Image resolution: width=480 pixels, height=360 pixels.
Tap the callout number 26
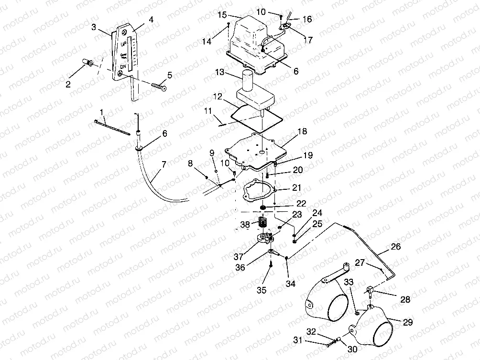pyautogui.click(x=395, y=247)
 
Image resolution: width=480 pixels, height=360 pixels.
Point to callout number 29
pyautogui.click(x=407, y=323)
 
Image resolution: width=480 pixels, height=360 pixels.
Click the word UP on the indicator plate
pyautogui.click(x=123, y=44)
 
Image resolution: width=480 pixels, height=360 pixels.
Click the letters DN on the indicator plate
pyautogui.click(x=123, y=65)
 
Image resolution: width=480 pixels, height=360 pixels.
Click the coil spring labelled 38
pyautogui.click(x=261, y=222)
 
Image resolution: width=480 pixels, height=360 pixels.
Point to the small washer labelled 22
pyautogui.click(x=263, y=207)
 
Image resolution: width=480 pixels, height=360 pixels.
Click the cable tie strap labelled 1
pyautogui.click(x=112, y=128)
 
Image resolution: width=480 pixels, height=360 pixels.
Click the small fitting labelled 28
pyautogui.click(x=371, y=290)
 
